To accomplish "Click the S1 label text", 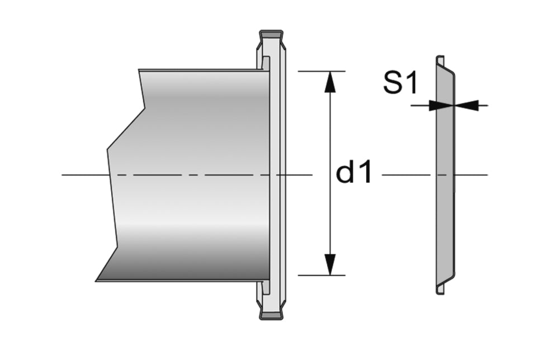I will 400,83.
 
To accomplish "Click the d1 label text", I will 353,174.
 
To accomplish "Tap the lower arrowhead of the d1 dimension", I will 330,264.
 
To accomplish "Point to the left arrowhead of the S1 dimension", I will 440,105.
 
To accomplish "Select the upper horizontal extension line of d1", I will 321,72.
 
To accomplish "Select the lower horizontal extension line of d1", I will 321,275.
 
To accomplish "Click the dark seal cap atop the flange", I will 272,34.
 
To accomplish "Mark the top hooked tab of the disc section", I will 440,59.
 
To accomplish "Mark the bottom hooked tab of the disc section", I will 440,289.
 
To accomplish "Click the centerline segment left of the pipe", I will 84,175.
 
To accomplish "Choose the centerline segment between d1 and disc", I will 405,175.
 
